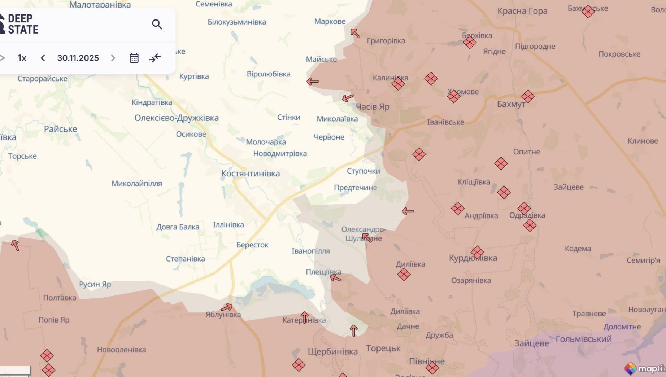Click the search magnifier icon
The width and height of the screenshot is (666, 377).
(x=157, y=24)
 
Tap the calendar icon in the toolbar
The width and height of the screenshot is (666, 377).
(x=134, y=58)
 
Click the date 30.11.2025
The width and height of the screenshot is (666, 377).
(x=78, y=58)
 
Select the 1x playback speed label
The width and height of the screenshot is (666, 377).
(x=22, y=58)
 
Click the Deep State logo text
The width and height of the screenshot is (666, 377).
(x=22, y=24)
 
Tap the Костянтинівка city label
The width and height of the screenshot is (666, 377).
(x=250, y=174)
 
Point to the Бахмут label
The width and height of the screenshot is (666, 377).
(x=511, y=104)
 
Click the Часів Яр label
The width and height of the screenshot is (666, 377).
(x=373, y=107)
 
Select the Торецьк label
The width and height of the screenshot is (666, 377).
(x=383, y=348)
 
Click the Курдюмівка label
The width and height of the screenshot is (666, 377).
(x=473, y=258)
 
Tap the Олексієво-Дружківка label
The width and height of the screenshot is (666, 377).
(x=176, y=118)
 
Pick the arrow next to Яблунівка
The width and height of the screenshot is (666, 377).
(x=227, y=307)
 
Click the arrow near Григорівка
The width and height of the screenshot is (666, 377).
(x=355, y=34)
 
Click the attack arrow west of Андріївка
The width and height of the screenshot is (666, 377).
(x=408, y=211)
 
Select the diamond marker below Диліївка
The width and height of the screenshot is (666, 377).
(x=404, y=275)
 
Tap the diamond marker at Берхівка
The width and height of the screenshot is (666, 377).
(x=470, y=43)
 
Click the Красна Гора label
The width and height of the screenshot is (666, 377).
(x=522, y=11)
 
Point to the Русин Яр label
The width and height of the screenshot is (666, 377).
(x=95, y=284)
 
